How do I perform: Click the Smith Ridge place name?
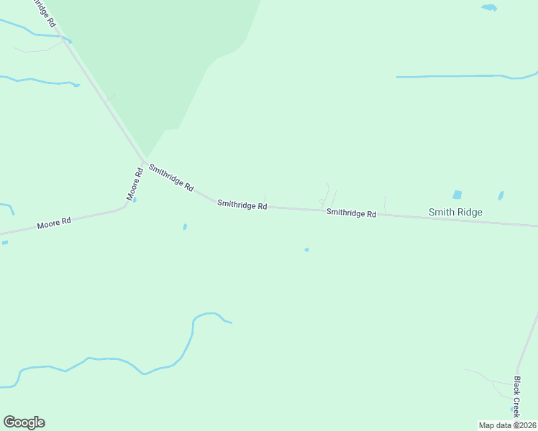click(x=455, y=212)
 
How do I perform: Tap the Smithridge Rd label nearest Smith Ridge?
click(x=351, y=213)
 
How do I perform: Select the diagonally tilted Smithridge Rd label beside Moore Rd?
click(x=170, y=177)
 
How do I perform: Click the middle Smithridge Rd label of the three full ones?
click(x=242, y=205)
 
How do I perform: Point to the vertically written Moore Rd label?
click(x=134, y=184)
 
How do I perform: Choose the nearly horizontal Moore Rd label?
click(x=54, y=224)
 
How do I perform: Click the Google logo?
click(x=24, y=422)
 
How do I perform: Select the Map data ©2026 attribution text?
click(x=508, y=425)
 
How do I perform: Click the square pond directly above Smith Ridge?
click(x=457, y=195)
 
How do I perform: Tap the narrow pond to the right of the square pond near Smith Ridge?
click(x=501, y=195)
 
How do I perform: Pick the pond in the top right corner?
click(x=489, y=7)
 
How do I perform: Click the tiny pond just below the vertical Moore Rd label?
click(x=134, y=200)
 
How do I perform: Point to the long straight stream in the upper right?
click(x=460, y=76)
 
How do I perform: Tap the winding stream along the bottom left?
click(x=108, y=359)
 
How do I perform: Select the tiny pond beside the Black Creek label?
click(x=513, y=409)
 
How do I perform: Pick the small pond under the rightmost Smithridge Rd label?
click(x=306, y=250)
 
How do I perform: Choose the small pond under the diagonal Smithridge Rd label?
click(x=185, y=227)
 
